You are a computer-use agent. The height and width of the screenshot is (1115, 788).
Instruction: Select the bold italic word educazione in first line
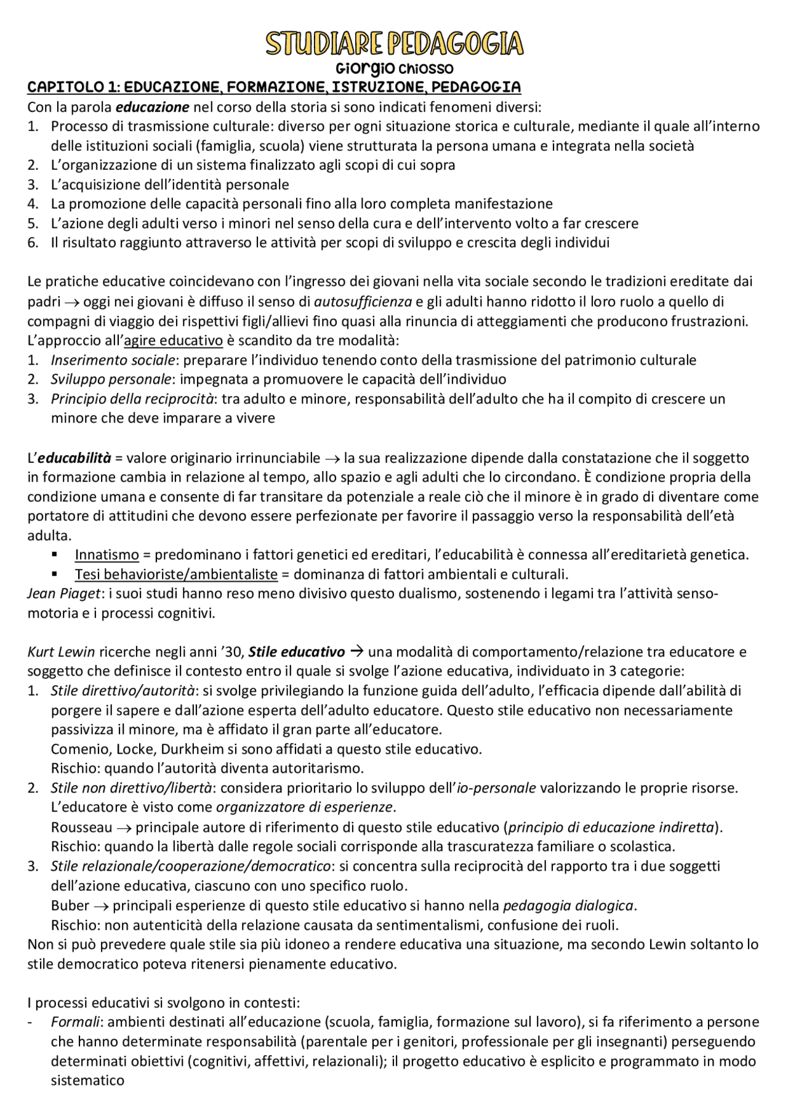(x=153, y=107)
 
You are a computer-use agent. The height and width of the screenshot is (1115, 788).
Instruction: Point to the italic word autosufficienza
(x=363, y=302)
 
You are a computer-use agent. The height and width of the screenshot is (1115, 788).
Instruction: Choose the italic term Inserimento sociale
(x=114, y=360)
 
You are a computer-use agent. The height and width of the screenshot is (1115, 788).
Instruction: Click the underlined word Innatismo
(x=107, y=555)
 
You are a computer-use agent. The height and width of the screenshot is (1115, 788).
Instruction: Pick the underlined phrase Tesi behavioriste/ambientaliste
(x=176, y=574)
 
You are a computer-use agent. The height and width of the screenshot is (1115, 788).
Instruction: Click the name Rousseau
(x=81, y=827)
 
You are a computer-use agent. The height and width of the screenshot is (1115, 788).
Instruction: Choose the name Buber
(x=70, y=906)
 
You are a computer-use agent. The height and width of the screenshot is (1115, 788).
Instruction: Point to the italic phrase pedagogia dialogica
(x=568, y=906)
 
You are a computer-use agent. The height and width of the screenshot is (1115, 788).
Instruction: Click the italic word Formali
(x=75, y=1022)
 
